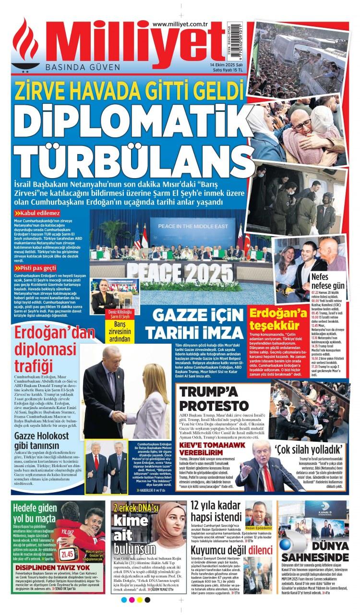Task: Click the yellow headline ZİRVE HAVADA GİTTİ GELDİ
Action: tap(127, 90)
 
